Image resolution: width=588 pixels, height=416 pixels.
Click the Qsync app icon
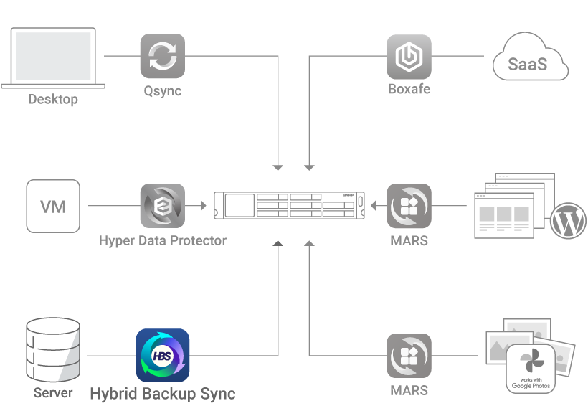[x=162, y=56]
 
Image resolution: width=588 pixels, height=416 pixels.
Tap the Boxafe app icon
[x=409, y=56]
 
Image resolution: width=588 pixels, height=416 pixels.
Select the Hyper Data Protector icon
[x=162, y=207]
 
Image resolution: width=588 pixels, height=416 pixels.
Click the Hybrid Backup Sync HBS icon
[x=163, y=355]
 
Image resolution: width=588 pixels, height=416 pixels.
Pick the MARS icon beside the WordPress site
[x=409, y=207]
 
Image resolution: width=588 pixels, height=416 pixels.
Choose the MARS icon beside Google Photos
[x=409, y=356]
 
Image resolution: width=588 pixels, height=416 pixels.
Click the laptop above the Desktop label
[x=53, y=57]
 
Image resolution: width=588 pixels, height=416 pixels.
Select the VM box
[x=53, y=207]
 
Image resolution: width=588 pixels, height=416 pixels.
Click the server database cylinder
[x=53, y=349]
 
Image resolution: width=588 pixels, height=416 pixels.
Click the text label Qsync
[x=162, y=90]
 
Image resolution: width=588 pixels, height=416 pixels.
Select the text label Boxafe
[x=409, y=90]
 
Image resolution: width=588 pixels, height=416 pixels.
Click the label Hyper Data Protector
[x=162, y=240]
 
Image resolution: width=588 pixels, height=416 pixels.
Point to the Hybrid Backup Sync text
[x=162, y=393]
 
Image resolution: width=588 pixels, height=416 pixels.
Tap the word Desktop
[x=53, y=99]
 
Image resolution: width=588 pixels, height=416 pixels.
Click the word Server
[x=53, y=392]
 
